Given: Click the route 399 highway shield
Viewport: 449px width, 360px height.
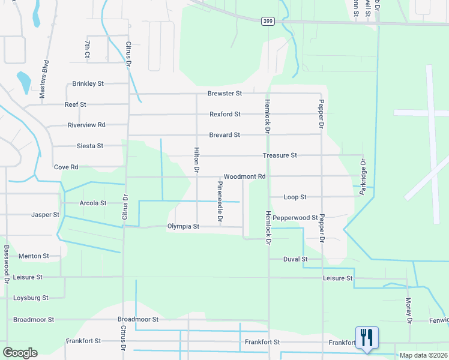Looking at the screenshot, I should click(x=268, y=21).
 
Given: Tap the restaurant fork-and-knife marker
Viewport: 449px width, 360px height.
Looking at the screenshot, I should click(x=366, y=337).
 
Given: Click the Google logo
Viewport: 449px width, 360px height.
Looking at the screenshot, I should click(x=20, y=353).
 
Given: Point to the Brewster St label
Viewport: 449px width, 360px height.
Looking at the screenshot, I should click(x=224, y=94).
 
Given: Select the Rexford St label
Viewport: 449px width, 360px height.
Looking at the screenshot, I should click(x=225, y=114).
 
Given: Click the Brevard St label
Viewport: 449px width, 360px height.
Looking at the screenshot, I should click(x=224, y=135).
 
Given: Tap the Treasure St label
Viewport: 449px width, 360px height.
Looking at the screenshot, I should click(x=280, y=155).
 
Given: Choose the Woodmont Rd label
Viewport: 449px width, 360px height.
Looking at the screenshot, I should click(x=244, y=177).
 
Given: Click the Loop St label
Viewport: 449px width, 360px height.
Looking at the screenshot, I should click(x=295, y=197).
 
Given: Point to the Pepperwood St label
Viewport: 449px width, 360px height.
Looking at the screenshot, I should click(x=295, y=217).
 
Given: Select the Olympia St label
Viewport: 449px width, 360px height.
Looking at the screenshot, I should click(x=182, y=227).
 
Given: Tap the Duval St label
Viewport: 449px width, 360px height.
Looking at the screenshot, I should click(x=296, y=259).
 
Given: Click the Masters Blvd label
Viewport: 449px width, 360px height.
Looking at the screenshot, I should click(x=43, y=79).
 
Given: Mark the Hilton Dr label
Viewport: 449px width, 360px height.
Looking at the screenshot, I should click(x=196, y=160).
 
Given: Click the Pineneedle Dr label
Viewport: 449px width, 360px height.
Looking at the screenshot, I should click(x=220, y=204).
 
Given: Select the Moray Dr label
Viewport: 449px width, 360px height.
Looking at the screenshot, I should click(x=408, y=311).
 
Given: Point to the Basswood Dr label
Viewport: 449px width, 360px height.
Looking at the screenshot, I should click(x=7, y=264).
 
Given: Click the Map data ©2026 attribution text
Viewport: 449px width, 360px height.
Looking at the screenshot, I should click(x=423, y=355).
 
